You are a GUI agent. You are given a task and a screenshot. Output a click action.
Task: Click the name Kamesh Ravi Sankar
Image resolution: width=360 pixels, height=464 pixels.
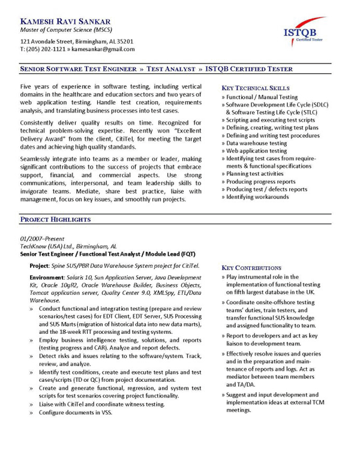(63, 21)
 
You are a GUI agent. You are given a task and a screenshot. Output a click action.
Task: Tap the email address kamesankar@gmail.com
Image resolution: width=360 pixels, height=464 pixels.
(104, 49)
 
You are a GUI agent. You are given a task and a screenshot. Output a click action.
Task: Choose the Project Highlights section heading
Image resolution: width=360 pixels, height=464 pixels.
(55, 220)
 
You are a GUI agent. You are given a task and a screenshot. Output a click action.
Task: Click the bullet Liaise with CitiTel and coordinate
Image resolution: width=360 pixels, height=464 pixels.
(102, 404)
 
